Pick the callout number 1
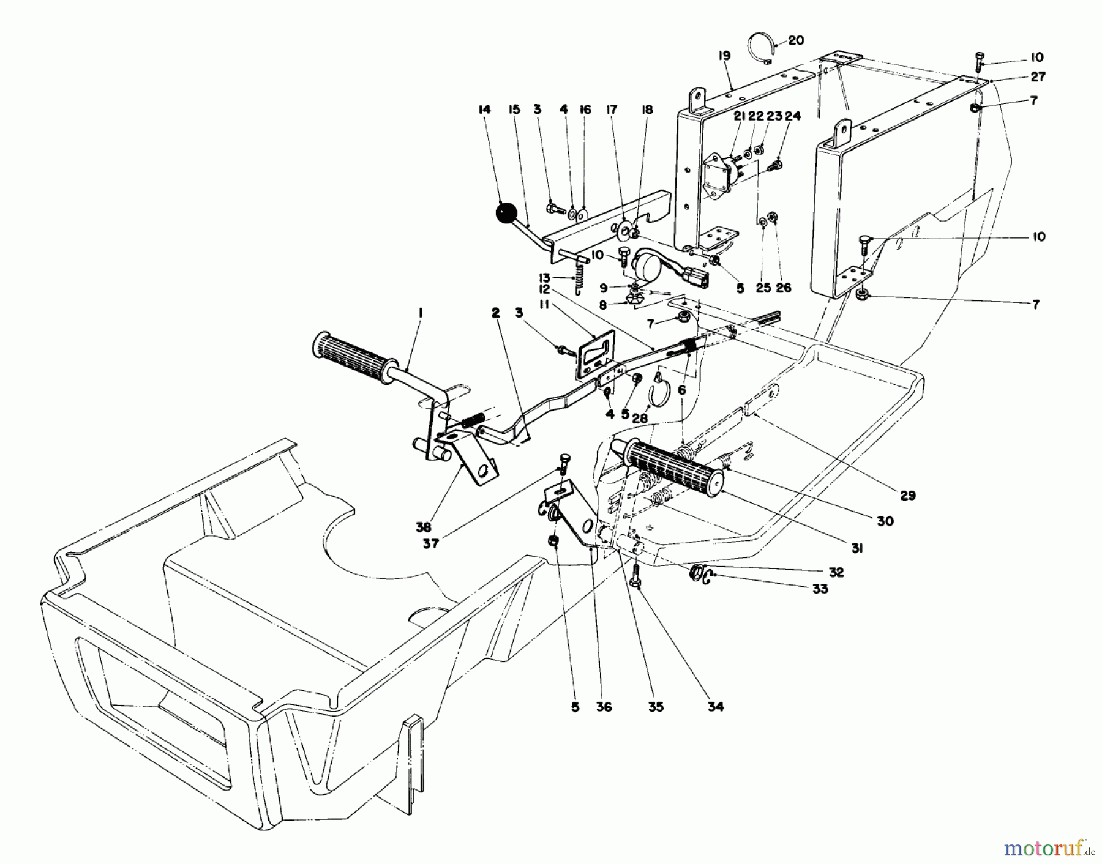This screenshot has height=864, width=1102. point(421,313)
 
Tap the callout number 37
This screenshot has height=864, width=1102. point(431,543)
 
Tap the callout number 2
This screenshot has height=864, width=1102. point(495,313)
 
